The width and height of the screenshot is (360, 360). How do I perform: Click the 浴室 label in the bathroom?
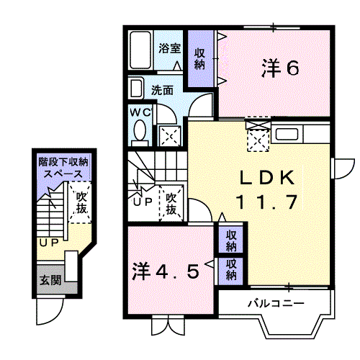tap(170, 50)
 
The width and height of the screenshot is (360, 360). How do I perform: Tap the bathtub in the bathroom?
tap(141, 50)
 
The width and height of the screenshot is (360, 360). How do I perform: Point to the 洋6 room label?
tap(279, 68)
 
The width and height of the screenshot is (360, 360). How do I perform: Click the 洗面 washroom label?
tap(162, 91)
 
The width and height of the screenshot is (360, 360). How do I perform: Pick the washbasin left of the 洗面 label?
tap(137, 88)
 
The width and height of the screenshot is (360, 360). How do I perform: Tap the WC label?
tap(139, 112)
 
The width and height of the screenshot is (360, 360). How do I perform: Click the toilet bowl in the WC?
tap(140, 132)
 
